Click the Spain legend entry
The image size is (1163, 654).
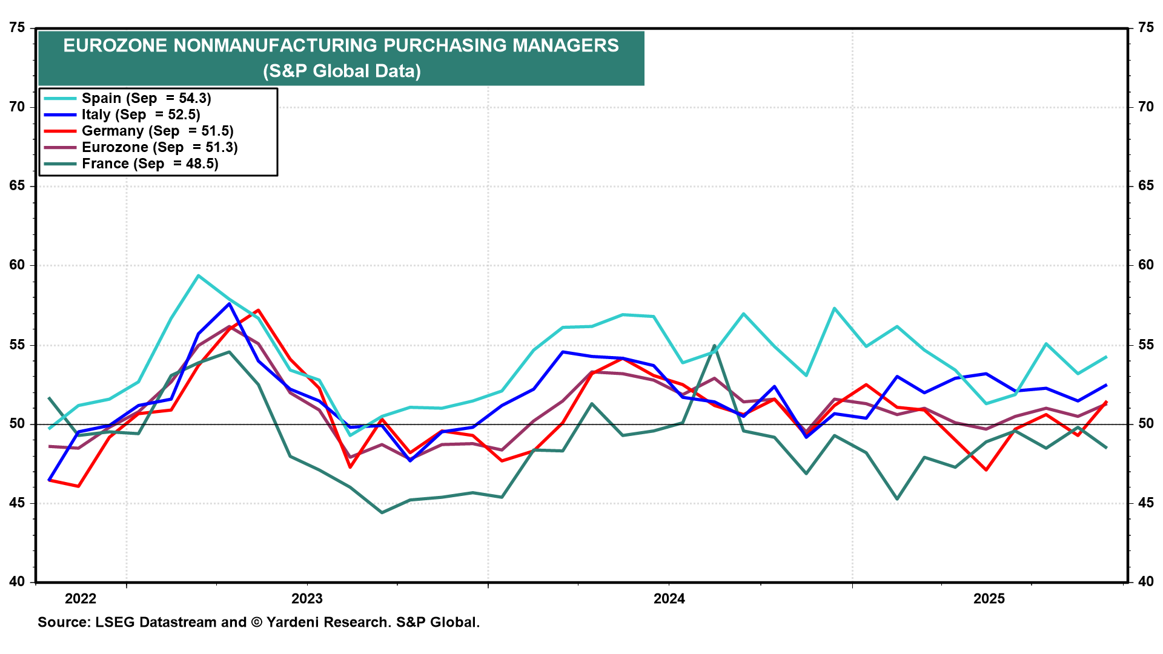[x=146, y=98]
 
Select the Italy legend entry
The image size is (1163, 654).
[x=141, y=114]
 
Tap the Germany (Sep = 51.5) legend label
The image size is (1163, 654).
[x=157, y=131]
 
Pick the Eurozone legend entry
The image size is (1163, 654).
[x=159, y=147]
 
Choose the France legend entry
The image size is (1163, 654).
[x=150, y=163]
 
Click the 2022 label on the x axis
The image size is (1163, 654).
[x=81, y=599]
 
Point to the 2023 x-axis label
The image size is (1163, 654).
[x=307, y=599]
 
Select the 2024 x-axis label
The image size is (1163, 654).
[x=669, y=599]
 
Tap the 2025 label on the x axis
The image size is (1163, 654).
[x=989, y=599]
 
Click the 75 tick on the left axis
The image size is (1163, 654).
[x=18, y=28]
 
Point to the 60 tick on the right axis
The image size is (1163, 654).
[x=1146, y=265]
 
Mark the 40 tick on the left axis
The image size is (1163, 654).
[x=18, y=582]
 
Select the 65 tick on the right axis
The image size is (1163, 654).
[x=1146, y=186]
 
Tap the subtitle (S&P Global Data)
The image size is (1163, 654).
[x=342, y=71]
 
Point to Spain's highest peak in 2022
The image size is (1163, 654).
[x=199, y=276]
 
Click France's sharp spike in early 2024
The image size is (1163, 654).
[x=715, y=346]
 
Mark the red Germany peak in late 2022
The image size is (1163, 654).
[x=259, y=310]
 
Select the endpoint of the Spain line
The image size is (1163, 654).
[x=1106, y=357]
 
